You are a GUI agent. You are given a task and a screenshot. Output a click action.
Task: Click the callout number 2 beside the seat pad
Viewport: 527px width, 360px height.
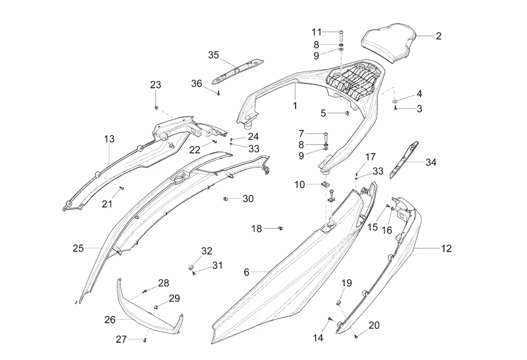pyautogui.click(x=438, y=36)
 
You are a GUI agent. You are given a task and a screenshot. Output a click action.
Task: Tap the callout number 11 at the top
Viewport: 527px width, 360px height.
pyautogui.click(x=317, y=32)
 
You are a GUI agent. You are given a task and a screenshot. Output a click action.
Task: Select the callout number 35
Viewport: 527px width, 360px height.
pyautogui.click(x=213, y=55)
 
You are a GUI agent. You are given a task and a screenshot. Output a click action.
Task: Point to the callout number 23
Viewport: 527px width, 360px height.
pyautogui.click(x=156, y=85)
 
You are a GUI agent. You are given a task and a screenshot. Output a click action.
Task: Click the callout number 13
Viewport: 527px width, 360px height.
pyautogui.click(x=109, y=139)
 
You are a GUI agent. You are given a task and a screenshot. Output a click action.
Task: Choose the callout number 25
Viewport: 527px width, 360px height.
pyautogui.click(x=78, y=248)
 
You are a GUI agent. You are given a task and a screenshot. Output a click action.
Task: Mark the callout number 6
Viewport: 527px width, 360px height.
pyautogui.click(x=246, y=272)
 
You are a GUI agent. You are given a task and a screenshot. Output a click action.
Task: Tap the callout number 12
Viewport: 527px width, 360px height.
pyautogui.click(x=446, y=248)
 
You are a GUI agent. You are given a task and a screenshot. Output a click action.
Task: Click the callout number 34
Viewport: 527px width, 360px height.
pyautogui.click(x=431, y=162)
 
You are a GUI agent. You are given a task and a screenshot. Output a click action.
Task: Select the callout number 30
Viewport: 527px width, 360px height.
pyautogui.click(x=248, y=199)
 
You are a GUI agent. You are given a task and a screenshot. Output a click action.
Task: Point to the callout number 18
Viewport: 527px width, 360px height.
pyautogui.click(x=257, y=229)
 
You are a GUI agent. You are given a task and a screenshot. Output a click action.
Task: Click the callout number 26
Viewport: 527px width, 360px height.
pyautogui.click(x=110, y=320)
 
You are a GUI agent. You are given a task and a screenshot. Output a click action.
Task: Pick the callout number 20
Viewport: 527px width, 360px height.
pyautogui.click(x=374, y=325)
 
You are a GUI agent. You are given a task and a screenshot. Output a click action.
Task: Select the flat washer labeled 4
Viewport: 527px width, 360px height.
pyautogui.click(x=395, y=101)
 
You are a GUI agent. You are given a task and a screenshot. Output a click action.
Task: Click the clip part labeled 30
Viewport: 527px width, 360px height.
pyautogui.click(x=226, y=199)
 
